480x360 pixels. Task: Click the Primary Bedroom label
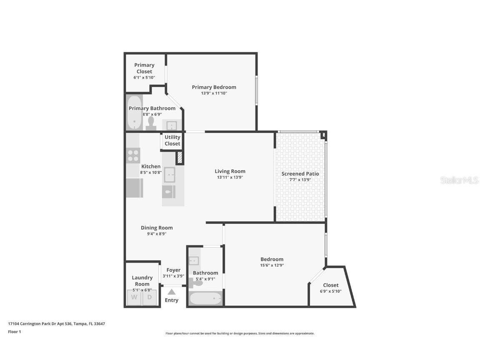[x=214, y=87]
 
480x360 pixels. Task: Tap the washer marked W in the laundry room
[x=134, y=297]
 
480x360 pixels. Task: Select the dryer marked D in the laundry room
[x=150, y=297]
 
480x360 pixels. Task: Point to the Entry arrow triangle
[x=172, y=292]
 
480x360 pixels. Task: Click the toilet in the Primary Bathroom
[x=151, y=123]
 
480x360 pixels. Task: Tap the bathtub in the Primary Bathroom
[x=134, y=113]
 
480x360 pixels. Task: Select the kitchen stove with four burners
[x=133, y=155]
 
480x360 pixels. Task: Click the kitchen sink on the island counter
[x=170, y=175]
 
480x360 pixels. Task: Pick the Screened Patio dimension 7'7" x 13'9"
[x=300, y=180]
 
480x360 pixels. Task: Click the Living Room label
[x=230, y=171]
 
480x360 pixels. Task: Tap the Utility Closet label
[x=172, y=140]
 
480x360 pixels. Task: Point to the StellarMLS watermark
[x=460, y=180]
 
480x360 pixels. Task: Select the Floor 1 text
[x=15, y=332]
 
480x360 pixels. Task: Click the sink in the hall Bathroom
[x=194, y=261]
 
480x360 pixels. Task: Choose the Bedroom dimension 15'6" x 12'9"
[x=272, y=265]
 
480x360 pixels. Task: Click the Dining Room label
[x=157, y=228]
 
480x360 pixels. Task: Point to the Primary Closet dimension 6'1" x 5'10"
[x=144, y=77]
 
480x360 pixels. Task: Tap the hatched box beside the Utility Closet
[x=180, y=157]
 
